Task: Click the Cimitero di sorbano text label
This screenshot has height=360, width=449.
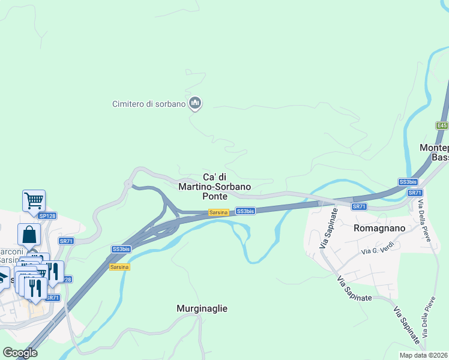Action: (149, 104)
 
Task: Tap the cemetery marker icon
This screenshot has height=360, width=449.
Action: (194, 103)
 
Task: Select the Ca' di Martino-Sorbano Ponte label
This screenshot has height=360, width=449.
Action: (214, 186)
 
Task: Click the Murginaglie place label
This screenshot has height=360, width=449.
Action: (202, 308)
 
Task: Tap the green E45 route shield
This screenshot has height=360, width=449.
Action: (442, 125)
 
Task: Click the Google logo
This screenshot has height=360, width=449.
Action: (20, 353)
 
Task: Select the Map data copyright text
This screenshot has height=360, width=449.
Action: (424, 355)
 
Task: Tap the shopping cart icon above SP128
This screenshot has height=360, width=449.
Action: (34, 200)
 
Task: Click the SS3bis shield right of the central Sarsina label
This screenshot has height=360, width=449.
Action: (246, 211)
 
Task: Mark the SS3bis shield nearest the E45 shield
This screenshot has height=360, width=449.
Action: (408, 182)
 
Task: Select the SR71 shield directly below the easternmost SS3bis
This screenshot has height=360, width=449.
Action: (415, 193)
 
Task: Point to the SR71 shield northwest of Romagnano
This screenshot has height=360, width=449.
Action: (359, 206)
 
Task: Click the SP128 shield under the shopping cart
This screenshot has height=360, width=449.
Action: (47, 215)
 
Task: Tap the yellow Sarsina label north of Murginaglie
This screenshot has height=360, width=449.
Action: (119, 267)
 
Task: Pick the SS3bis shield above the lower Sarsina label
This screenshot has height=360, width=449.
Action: (121, 249)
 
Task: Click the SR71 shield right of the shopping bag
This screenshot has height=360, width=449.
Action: (66, 241)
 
